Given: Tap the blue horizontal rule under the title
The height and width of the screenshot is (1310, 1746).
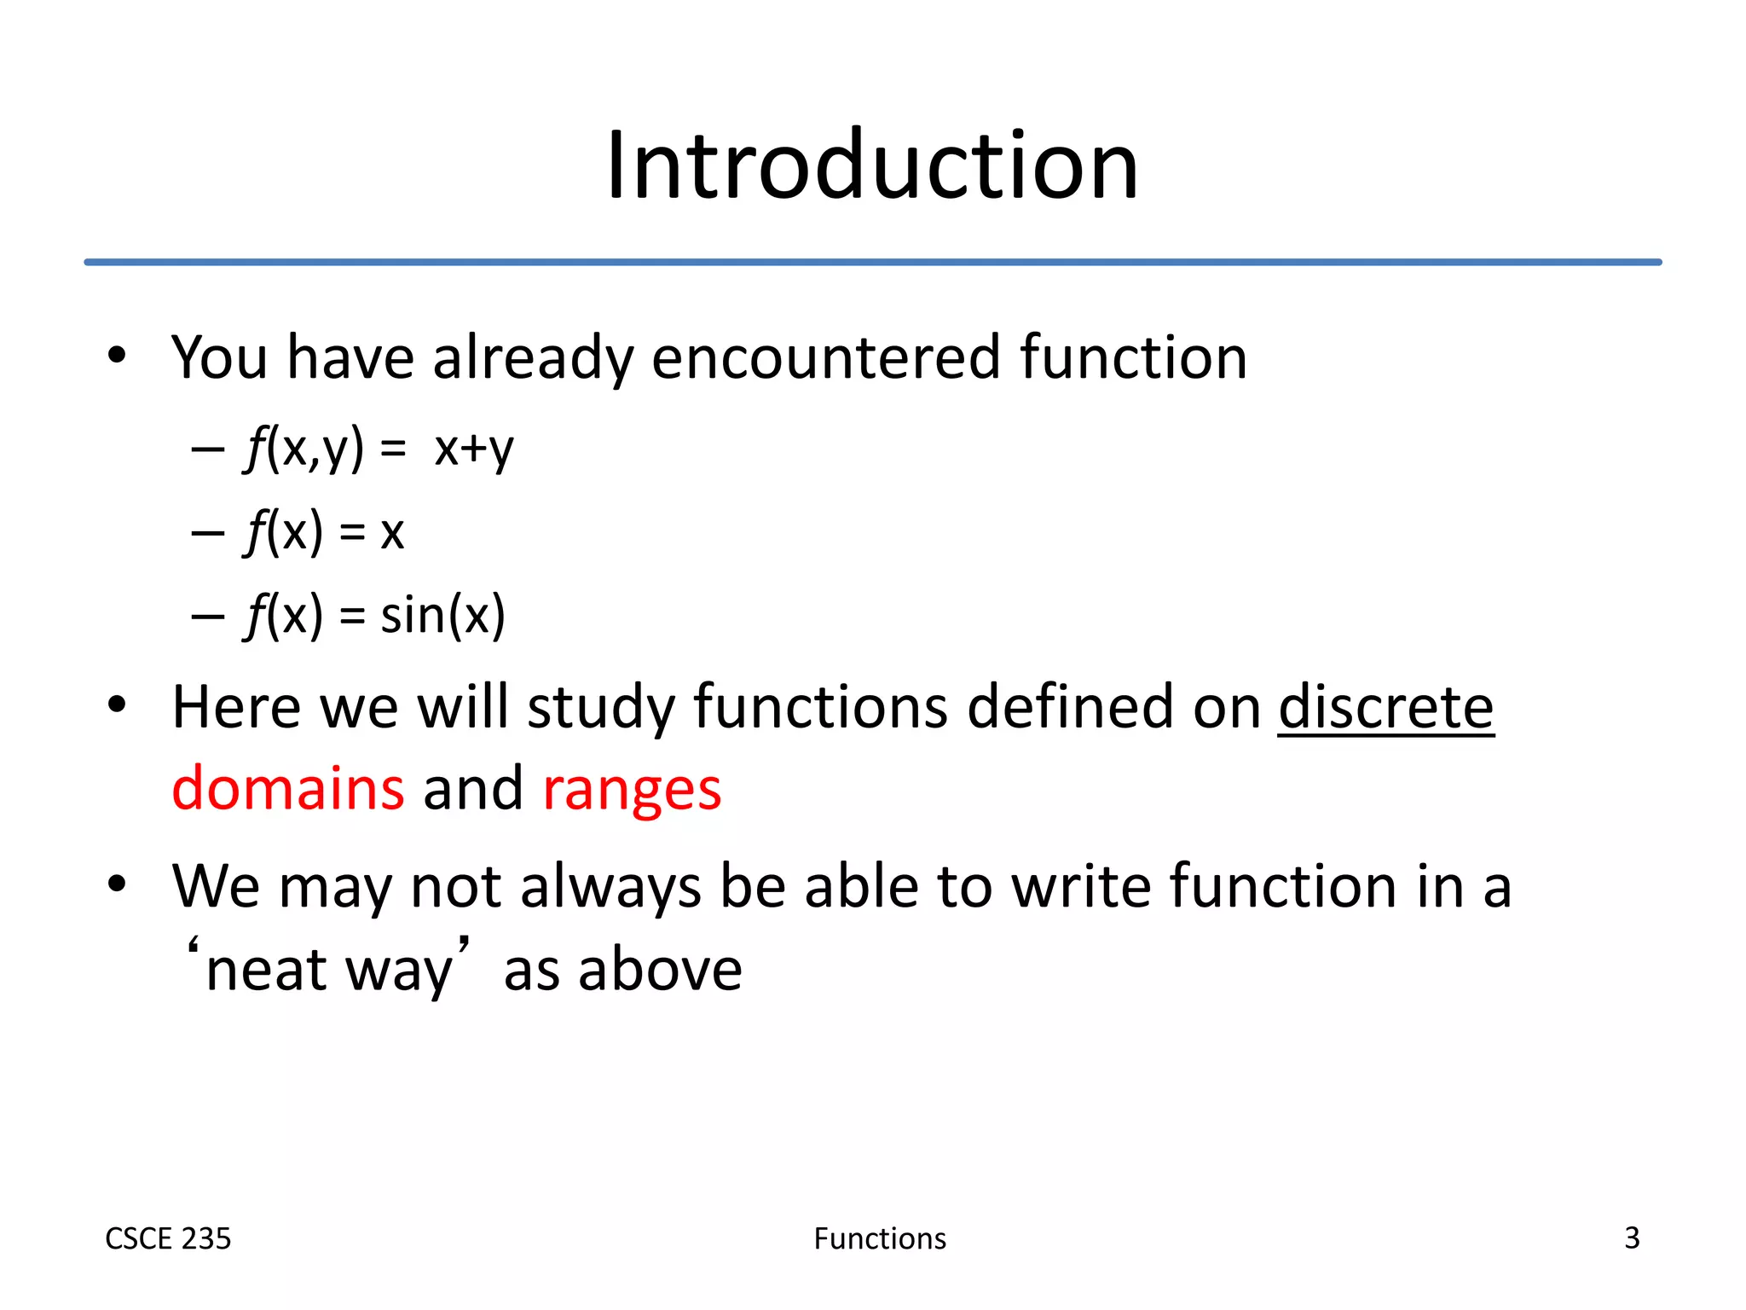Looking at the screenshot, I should click(x=872, y=262).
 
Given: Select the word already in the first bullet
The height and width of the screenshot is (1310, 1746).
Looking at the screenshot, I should click(x=533, y=358).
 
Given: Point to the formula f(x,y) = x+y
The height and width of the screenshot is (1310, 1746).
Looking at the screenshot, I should click(x=379, y=449).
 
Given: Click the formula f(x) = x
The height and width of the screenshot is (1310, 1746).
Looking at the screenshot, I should click(x=325, y=532).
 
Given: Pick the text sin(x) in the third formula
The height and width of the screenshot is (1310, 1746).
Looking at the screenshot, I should click(x=442, y=615).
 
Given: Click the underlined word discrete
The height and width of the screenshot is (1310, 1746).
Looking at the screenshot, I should click(x=1385, y=707).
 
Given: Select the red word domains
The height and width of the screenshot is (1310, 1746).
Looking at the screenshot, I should click(x=288, y=788).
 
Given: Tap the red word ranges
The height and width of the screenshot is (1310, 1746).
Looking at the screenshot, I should click(x=632, y=790).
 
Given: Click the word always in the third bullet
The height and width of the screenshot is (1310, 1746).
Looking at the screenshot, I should click(x=610, y=887).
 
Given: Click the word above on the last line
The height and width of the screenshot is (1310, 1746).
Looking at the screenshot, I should click(x=660, y=970).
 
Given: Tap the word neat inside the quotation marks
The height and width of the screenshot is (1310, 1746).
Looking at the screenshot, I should click(x=267, y=970).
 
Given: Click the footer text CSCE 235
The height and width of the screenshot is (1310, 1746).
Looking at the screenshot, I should click(x=168, y=1238).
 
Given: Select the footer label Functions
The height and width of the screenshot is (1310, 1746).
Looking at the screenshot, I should click(x=880, y=1238).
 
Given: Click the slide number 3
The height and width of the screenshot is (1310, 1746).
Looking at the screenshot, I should click(x=1632, y=1238).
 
